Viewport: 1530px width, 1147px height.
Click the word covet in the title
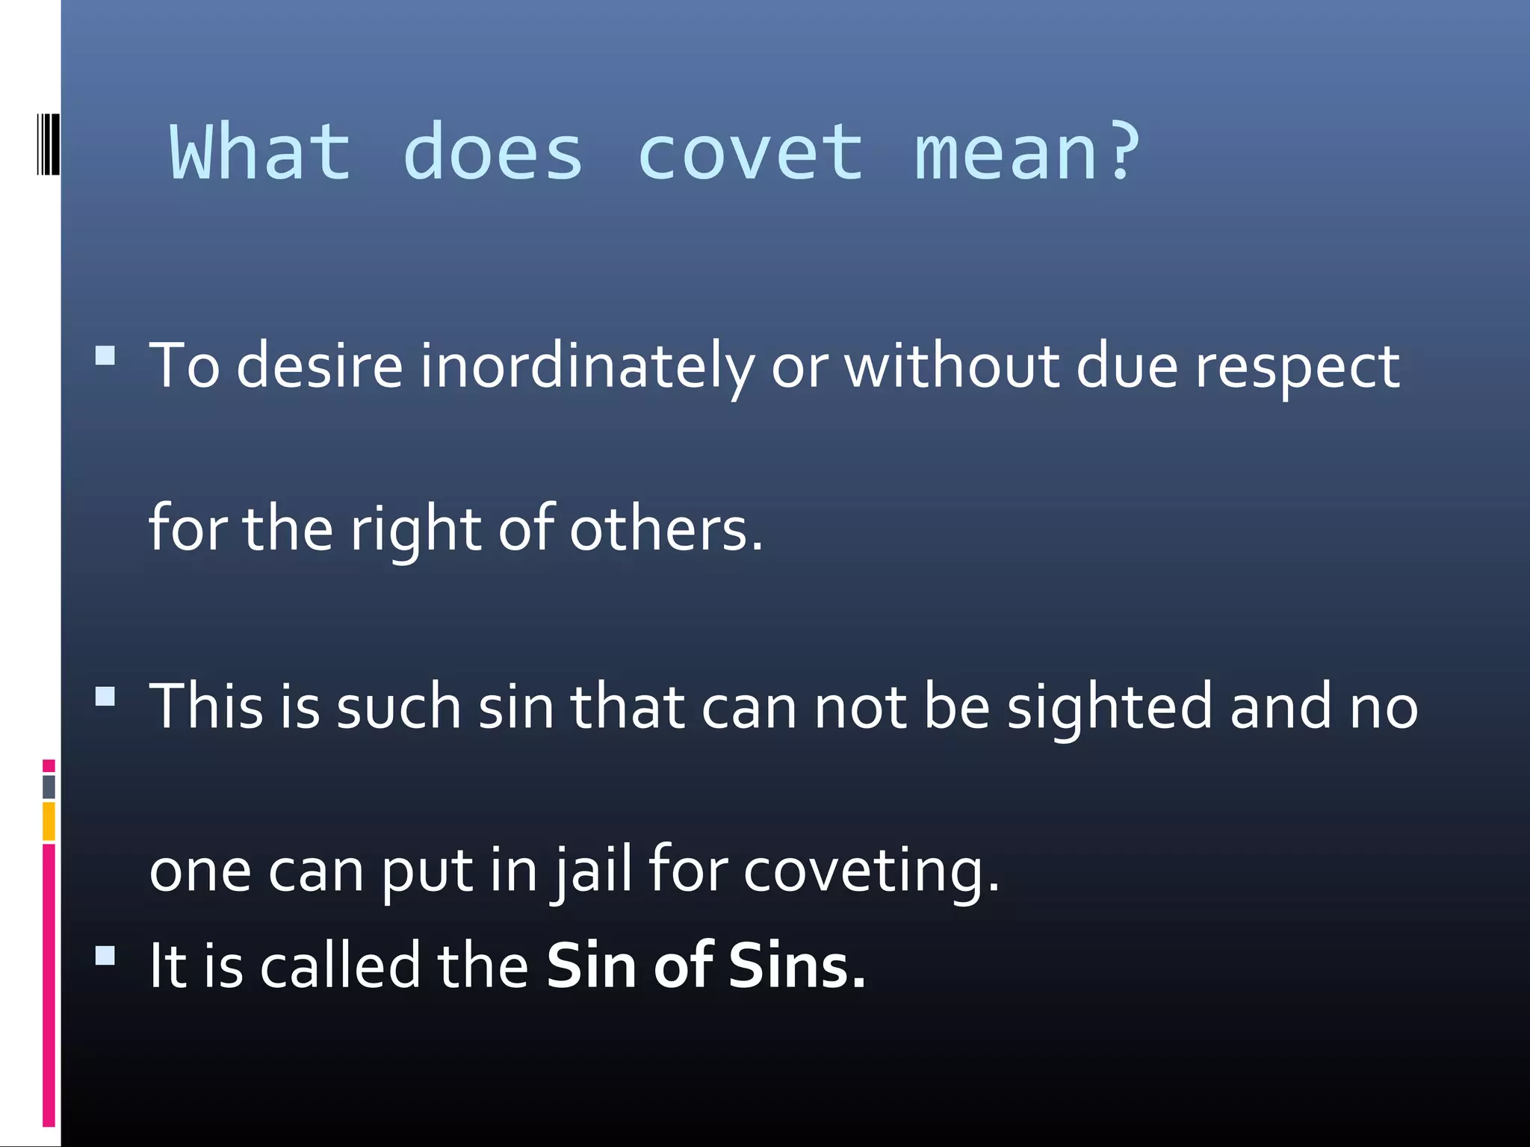(750, 153)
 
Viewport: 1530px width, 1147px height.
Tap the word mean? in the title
(1027, 153)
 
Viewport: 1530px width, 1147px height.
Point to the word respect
(1297, 367)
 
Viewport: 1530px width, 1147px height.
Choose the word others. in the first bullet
(666, 529)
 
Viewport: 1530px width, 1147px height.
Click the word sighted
(1109, 707)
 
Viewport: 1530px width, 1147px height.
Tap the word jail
(594, 870)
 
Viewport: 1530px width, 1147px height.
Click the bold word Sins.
(796, 966)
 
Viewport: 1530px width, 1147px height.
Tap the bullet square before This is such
(105, 697)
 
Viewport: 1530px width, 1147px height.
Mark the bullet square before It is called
(105, 956)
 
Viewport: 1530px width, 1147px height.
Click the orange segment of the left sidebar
(49, 821)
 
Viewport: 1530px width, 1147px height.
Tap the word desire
(320, 367)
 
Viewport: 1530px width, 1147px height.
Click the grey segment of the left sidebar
(49, 787)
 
